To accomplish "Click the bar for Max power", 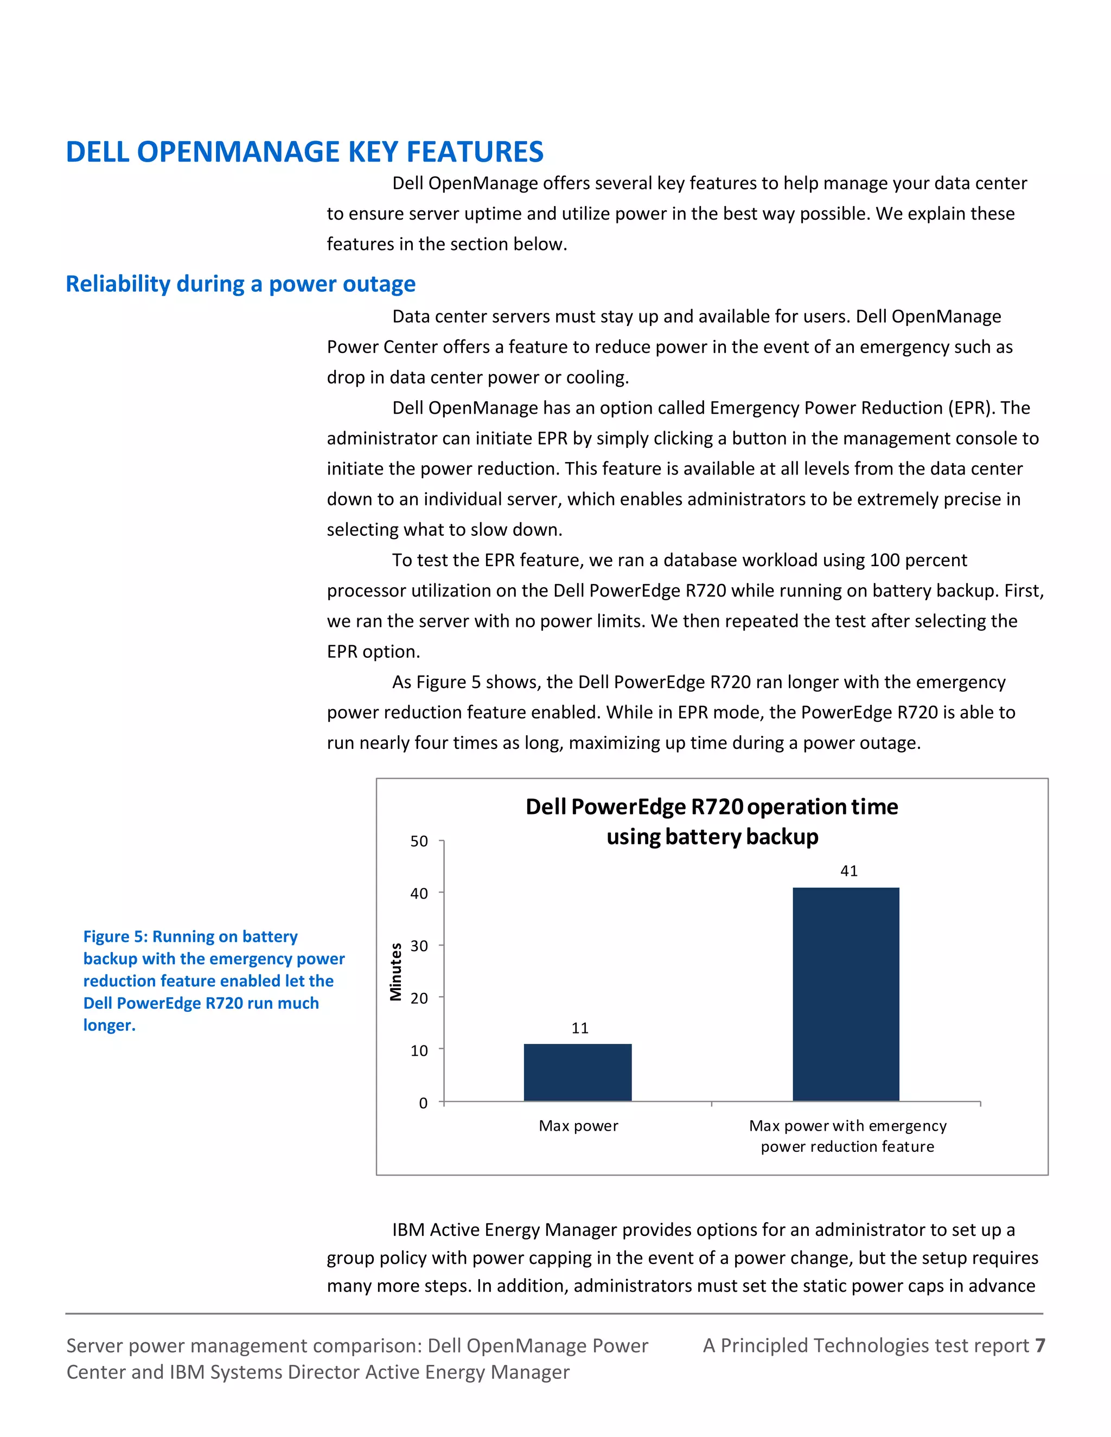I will [577, 1072].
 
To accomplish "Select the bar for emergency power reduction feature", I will [846, 993].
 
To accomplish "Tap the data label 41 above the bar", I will [849, 871].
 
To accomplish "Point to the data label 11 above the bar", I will [580, 1028].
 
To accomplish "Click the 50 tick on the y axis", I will [419, 842].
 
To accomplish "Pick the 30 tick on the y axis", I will [419, 946].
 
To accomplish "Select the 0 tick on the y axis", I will [423, 1103].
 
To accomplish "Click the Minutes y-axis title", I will [395, 972].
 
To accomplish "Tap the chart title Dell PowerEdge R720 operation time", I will [712, 807].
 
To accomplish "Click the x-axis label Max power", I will [578, 1126].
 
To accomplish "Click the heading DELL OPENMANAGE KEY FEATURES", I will [305, 152].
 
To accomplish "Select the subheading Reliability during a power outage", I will [241, 284].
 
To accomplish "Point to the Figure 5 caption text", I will [210, 980].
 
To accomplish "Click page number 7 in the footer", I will [1040, 1345].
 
